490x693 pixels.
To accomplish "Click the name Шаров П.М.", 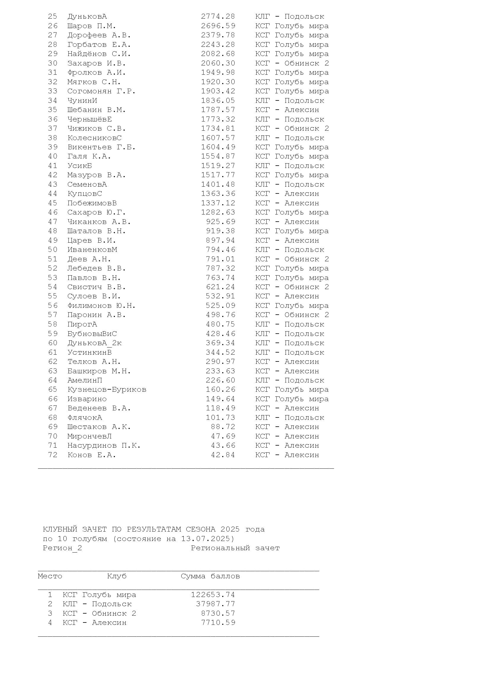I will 92,26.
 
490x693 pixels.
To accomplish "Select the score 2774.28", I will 218,17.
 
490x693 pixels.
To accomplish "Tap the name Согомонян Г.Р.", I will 101,91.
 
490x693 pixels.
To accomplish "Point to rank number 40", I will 52,156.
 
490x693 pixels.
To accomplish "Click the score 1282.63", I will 218,212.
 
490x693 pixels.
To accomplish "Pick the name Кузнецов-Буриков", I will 107,390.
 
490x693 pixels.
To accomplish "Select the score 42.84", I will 223,455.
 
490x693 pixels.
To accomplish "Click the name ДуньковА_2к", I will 94,343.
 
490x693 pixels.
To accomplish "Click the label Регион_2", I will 62,548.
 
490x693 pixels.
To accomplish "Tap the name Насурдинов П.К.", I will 104,446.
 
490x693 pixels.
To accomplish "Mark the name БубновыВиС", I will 92,334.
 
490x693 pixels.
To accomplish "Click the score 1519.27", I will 218,166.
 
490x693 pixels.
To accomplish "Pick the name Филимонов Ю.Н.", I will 101,306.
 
